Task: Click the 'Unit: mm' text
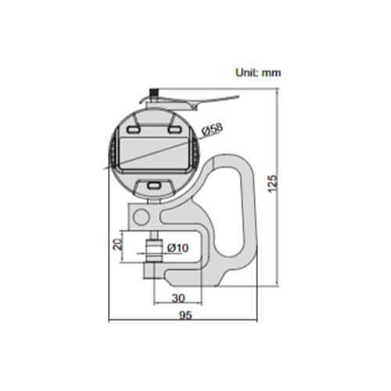[x=258, y=73]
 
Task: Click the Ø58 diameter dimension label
[x=213, y=129]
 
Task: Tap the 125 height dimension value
[x=273, y=184]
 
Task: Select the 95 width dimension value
[x=185, y=315]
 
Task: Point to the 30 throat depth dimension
[x=178, y=298]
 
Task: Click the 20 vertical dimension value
[x=117, y=244]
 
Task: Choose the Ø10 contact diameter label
[x=178, y=248]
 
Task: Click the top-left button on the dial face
[x=134, y=130]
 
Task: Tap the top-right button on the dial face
[x=174, y=130]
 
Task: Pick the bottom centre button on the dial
[x=154, y=185]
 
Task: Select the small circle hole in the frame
[x=142, y=217]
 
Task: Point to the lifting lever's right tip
[x=239, y=97]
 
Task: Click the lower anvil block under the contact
[x=149, y=271]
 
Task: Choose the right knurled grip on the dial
[x=195, y=152]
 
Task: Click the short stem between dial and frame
[x=154, y=201]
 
